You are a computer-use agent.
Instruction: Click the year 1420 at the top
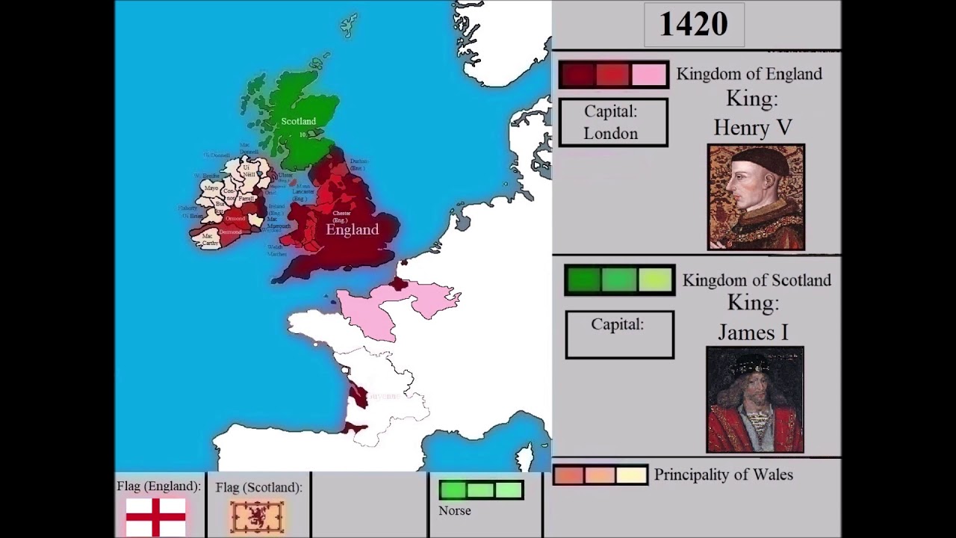click(692, 25)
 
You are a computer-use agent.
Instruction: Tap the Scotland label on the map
click(298, 121)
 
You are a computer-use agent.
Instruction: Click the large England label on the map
click(352, 230)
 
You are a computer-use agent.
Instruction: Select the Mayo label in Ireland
click(211, 188)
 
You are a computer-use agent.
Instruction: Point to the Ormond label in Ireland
click(235, 218)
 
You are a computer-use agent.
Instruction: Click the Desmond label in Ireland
click(230, 232)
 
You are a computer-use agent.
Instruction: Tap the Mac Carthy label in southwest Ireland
click(209, 240)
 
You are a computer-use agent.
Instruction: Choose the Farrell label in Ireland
click(246, 199)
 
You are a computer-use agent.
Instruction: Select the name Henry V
click(752, 128)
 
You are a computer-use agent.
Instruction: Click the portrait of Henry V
click(756, 197)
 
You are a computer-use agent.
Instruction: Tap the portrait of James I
click(755, 400)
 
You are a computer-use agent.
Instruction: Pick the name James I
click(753, 332)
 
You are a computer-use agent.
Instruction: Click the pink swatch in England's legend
click(648, 75)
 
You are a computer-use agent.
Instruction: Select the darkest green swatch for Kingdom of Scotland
click(583, 280)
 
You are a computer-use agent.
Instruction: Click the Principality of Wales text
click(723, 474)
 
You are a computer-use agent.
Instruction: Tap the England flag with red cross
click(155, 516)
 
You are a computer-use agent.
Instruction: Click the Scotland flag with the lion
click(257, 516)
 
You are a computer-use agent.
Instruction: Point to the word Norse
click(454, 511)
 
